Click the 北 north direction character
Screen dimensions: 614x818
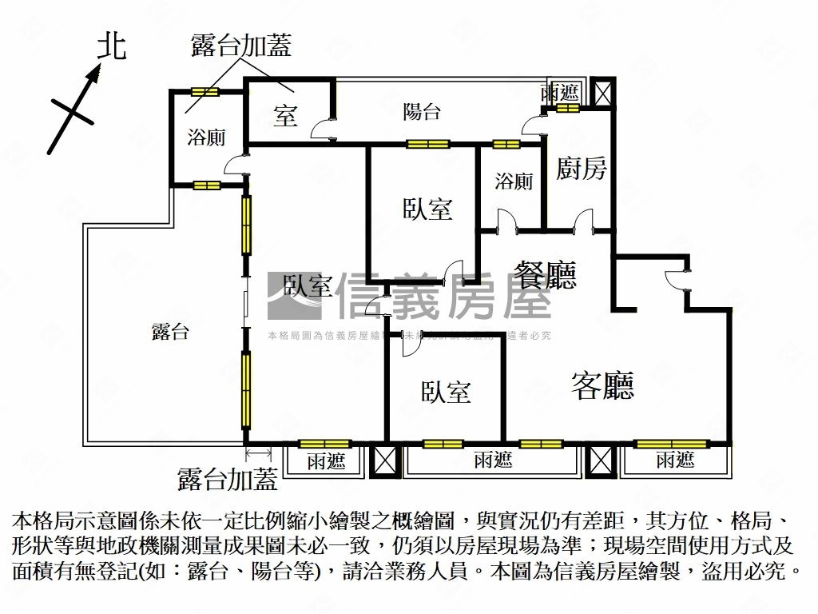tap(112, 46)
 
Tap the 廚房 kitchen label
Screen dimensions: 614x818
tap(582, 169)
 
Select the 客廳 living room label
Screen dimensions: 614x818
tap(603, 385)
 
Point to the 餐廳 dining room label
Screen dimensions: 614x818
tap(545, 276)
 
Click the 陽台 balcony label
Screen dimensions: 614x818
tap(421, 112)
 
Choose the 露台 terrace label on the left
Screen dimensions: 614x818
tap(170, 332)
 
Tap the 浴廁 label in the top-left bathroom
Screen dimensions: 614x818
tap(206, 137)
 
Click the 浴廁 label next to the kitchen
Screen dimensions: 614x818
tap(513, 181)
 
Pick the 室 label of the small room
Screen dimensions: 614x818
tap(285, 116)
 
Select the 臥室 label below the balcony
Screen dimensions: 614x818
tap(427, 209)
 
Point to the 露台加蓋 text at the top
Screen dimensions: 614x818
tap(240, 46)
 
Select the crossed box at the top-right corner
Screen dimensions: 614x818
tap(602, 93)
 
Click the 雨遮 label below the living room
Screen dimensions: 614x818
tap(675, 460)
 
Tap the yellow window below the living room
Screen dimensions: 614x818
tap(671, 444)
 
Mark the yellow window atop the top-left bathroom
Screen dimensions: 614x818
tap(205, 92)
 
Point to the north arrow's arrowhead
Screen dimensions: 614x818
tap(95, 74)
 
